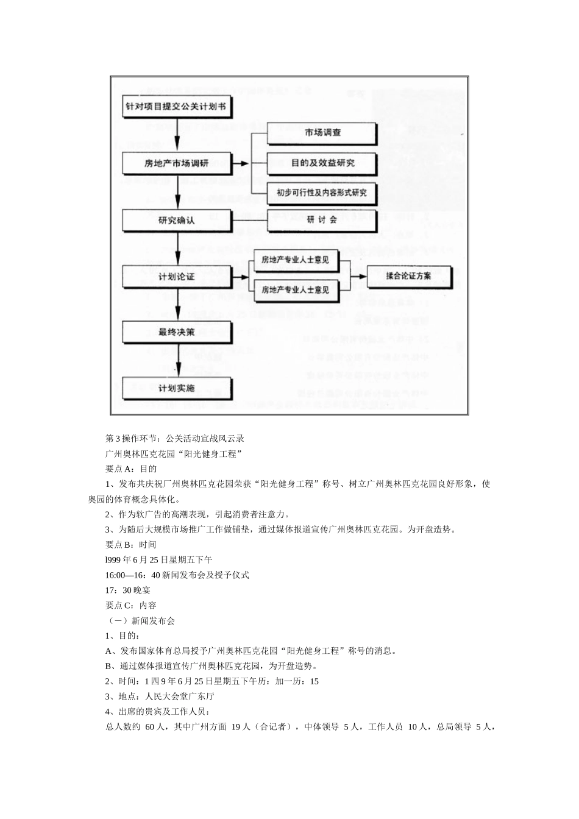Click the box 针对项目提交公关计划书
point(176,106)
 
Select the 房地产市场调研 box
point(176,163)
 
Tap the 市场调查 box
point(322,132)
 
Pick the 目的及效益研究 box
point(322,163)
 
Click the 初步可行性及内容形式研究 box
point(322,193)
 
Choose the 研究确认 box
point(176,220)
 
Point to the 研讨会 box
point(322,219)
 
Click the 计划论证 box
point(176,276)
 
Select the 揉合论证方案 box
point(408,276)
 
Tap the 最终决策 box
point(176,332)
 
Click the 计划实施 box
point(176,388)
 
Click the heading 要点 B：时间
point(131,544)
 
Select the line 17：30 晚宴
point(128,590)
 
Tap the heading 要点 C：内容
point(131,605)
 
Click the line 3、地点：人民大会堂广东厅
point(160,696)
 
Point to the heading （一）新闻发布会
point(140,620)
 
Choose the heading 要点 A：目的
point(131,469)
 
